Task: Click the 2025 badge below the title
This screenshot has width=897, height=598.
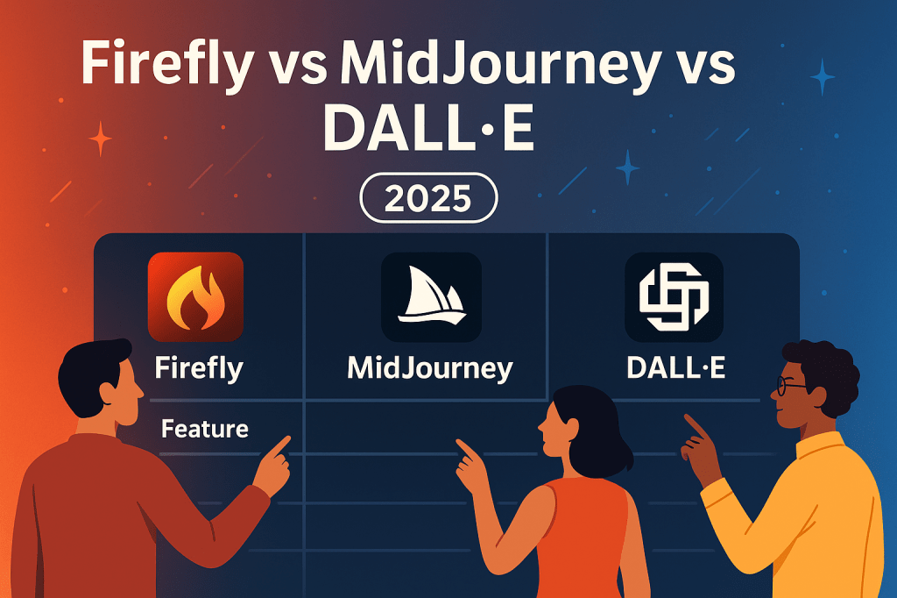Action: [428, 199]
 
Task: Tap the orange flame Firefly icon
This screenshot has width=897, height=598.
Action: [195, 296]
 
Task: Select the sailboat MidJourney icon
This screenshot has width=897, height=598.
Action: [431, 297]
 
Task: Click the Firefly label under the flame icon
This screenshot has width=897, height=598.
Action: [199, 367]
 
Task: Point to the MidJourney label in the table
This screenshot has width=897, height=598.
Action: [430, 367]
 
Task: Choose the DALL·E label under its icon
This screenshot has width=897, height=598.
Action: [675, 367]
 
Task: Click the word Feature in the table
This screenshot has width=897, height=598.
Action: [205, 430]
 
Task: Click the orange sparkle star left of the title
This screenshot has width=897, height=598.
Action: [101, 139]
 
